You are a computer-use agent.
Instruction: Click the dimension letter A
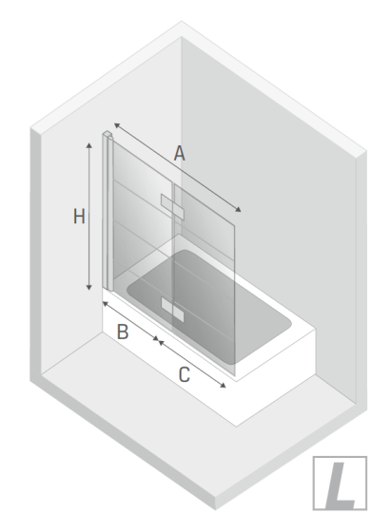(x=180, y=153)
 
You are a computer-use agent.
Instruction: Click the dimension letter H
(x=79, y=217)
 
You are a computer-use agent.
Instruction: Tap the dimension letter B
(x=123, y=332)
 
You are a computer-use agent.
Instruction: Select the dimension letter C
(x=185, y=375)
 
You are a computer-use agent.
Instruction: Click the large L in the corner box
(x=340, y=485)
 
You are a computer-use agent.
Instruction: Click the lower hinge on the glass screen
(x=172, y=310)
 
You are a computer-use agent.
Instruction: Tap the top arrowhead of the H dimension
(x=89, y=145)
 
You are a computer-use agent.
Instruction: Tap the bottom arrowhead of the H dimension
(x=89, y=287)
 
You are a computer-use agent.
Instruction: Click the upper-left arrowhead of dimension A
(x=117, y=125)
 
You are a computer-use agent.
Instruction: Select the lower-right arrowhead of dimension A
(x=238, y=209)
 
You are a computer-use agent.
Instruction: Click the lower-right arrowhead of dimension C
(x=223, y=385)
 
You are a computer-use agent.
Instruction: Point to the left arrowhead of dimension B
(x=106, y=303)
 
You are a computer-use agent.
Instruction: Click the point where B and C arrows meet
(x=157, y=339)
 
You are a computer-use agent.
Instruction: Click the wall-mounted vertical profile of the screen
(x=107, y=212)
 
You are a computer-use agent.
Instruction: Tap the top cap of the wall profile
(x=108, y=134)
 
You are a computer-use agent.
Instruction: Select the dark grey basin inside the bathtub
(x=209, y=307)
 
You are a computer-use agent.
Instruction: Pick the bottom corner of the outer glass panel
(x=235, y=376)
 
